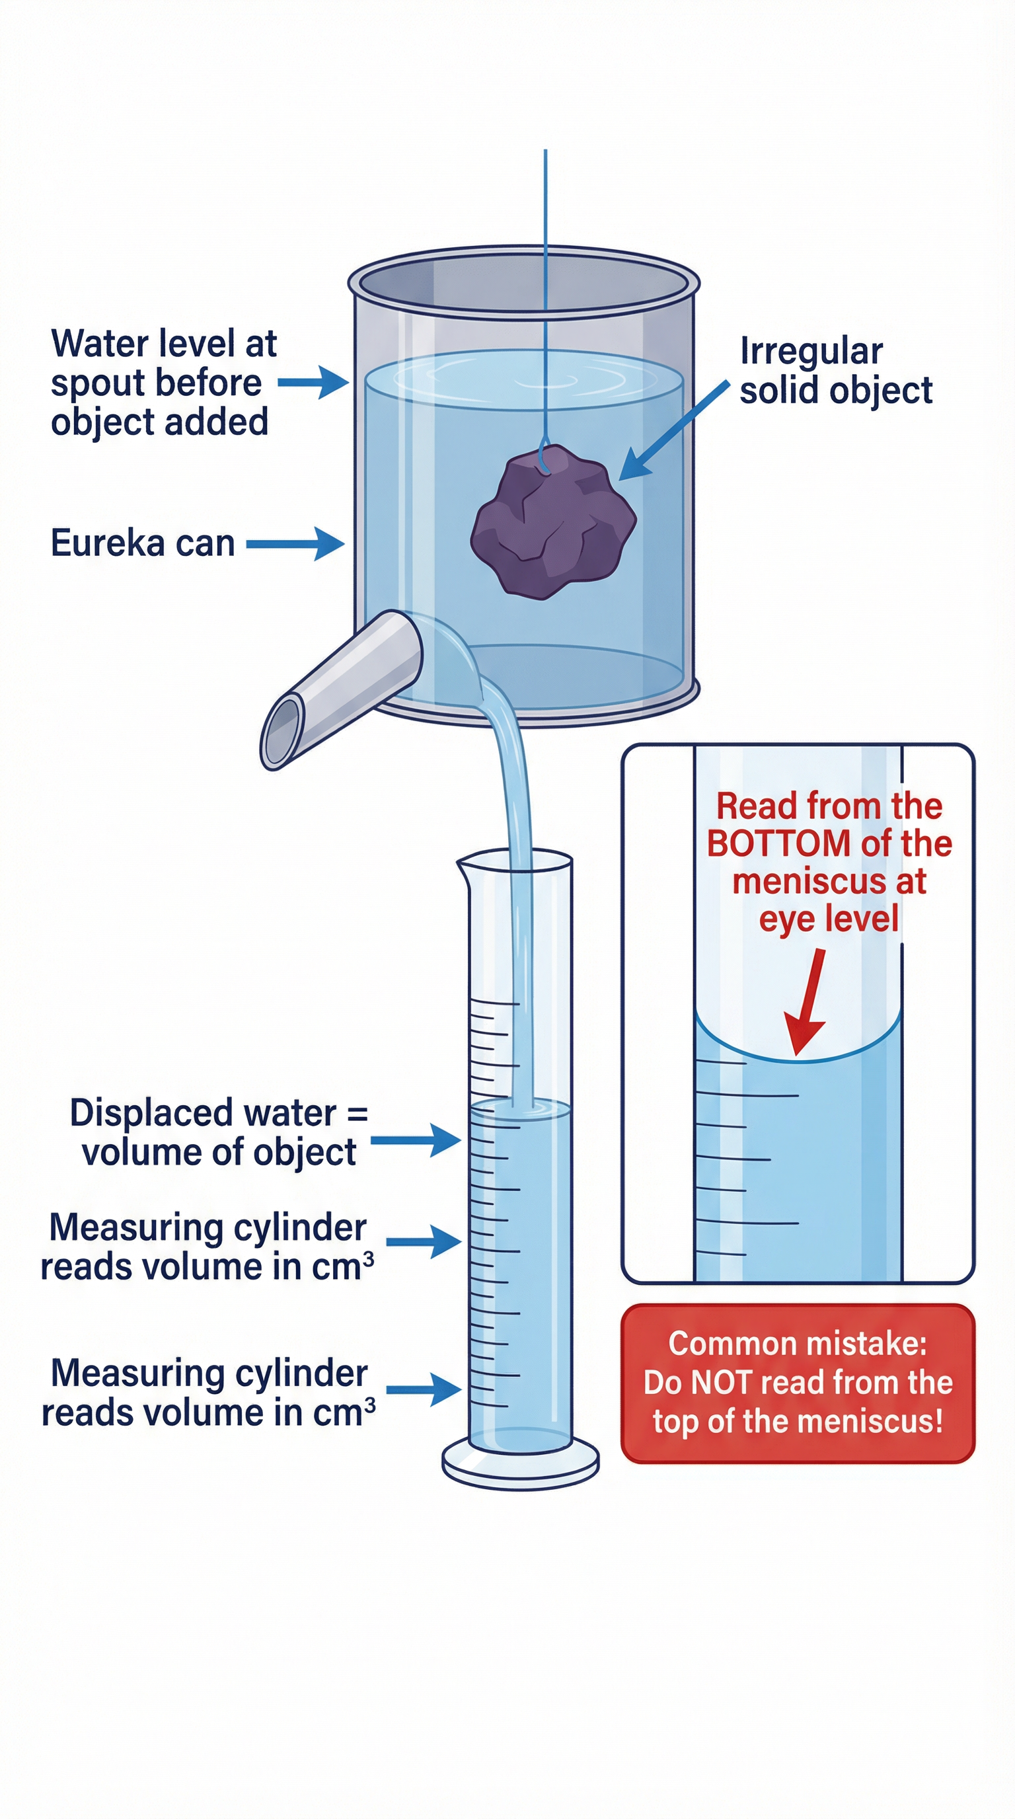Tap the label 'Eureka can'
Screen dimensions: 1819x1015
tap(142, 543)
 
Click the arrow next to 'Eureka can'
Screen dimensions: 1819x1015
tap(296, 544)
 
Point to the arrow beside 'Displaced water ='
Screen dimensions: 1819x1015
tap(416, 1140)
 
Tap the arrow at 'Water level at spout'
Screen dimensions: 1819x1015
tap(314, 382)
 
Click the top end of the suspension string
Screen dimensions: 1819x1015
tap(545, 152)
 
